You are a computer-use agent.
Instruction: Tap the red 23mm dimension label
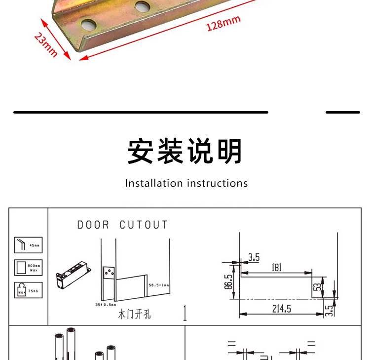[x=46, y=44]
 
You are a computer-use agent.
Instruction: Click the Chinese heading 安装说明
[x=185, y=151]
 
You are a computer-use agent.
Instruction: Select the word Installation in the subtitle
[x=154, y=183]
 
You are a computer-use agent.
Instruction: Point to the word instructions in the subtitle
[x=217, y=183]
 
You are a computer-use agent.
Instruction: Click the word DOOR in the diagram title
[x=93, y=225]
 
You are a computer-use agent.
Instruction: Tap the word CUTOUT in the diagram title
[x=144, y=225]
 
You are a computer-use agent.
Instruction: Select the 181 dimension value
[x=276, y=267]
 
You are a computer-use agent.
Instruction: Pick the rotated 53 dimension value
[x=318, y=287]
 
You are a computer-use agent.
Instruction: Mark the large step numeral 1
[x=185, y=314]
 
